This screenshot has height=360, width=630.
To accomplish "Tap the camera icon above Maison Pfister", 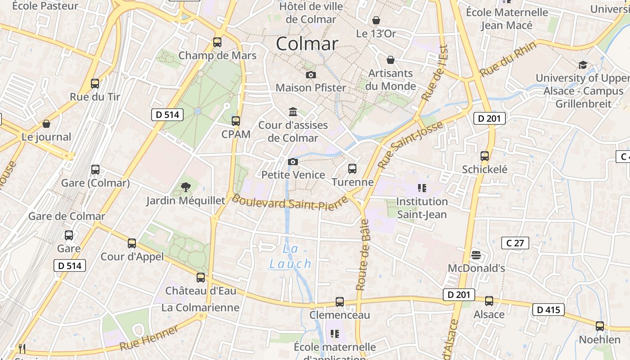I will point(310,75).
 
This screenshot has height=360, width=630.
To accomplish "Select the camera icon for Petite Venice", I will point(293,162).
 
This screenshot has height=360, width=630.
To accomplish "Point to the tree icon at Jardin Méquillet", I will point(185,187).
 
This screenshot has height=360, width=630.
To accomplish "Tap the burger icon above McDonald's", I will point(476,255).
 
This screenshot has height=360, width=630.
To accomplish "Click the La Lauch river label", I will point(290,256).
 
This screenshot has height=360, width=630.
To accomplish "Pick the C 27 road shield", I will point(515,243).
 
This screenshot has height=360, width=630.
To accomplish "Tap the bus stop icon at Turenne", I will point(352,169).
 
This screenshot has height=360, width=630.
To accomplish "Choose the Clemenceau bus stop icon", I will point(340,302).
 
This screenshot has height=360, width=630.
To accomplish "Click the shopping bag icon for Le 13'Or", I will point(376,21).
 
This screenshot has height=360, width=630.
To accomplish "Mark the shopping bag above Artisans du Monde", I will point(391,60).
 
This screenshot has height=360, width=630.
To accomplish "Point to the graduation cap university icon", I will point(583,65).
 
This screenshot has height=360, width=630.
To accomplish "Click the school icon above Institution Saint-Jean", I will point(422,188).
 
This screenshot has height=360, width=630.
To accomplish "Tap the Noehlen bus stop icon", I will point(599,326).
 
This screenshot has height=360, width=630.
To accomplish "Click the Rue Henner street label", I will point(149,337).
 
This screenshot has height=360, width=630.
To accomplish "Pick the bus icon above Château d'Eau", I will point(201,278).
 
